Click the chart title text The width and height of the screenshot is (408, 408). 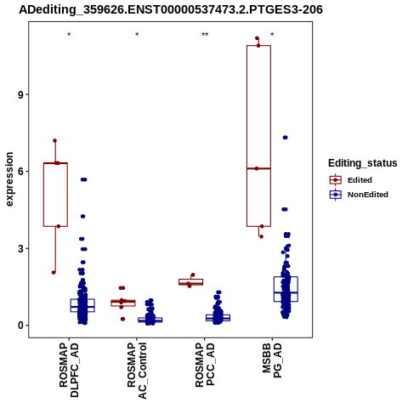(171, 9)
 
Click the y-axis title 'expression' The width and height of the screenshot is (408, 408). (9, 179)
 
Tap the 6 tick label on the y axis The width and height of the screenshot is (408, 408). (20, 172)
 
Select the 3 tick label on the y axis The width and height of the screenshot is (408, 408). (20, 248)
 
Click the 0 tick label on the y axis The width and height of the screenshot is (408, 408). (20, 326)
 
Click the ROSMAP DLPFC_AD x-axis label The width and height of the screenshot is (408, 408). (69, 370)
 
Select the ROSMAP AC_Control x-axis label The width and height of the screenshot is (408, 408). (137, 371)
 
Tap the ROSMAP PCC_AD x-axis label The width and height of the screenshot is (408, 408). (205, 365)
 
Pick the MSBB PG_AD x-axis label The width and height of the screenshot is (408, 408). (272, 360)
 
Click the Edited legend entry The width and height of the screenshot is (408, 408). (350, 180)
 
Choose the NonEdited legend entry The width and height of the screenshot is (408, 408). (359, 195)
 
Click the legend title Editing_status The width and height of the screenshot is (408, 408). (363, 163)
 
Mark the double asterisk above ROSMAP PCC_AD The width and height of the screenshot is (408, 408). (205, 35)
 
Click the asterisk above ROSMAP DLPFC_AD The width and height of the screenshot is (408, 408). (69, 35)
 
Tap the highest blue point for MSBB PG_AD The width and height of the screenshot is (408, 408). (286, 138)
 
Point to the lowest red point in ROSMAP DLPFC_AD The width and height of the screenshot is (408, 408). (54, 273)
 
